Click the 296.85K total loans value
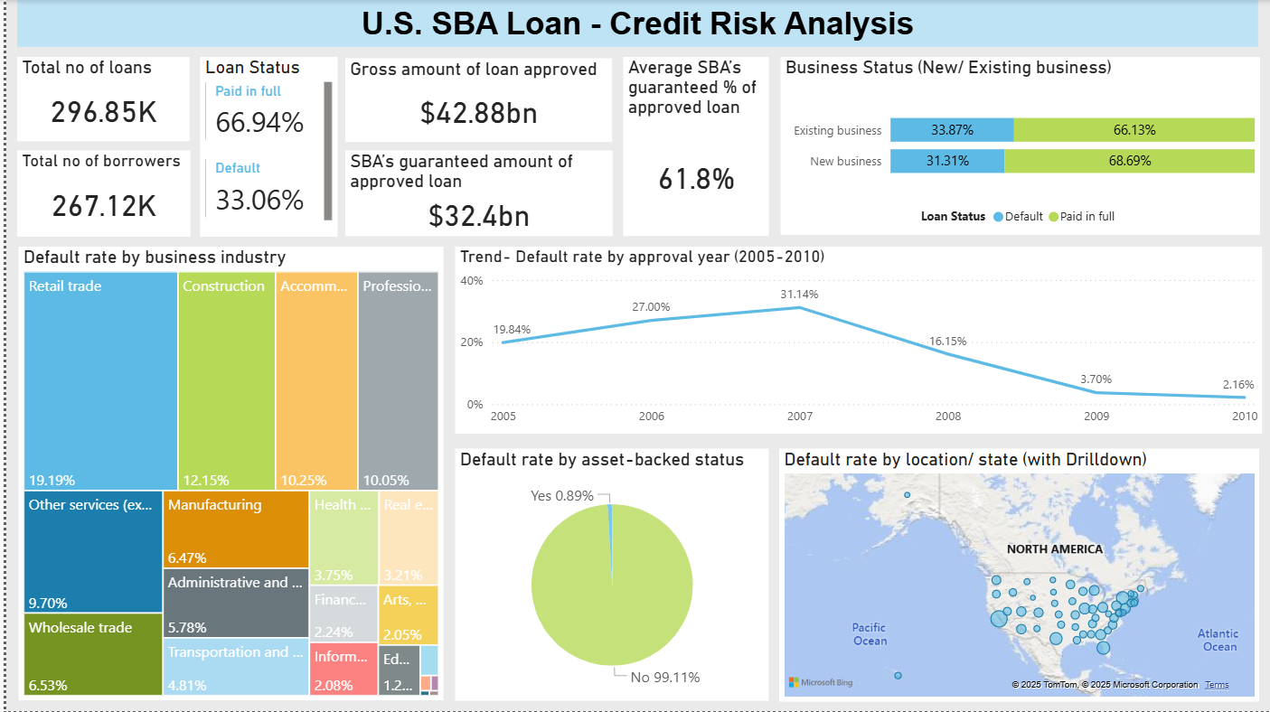tap(104, 112)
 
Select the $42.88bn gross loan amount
tap(478, 112)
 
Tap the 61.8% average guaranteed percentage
tap(695, 179)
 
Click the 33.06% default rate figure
tap(259, 200)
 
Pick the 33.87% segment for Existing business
tap(952, 130)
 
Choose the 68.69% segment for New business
tap(1129, 161)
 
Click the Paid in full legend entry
tap(1087, 217)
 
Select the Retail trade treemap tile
tap(100, 379)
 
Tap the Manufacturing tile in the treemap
tap(235, 529)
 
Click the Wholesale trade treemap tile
tap(93, 653)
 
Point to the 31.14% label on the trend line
tap(799, 295)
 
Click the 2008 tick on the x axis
tap(947, 417)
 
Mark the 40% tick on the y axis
tap(472, 281)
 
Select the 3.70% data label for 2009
tap(1096, 379)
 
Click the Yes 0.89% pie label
tap(562, 495)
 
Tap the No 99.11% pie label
tap(663, 677)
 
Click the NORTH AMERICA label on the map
tap(1054, 549)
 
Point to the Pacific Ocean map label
tap(870, 633)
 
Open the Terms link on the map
tap(1217, 685)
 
